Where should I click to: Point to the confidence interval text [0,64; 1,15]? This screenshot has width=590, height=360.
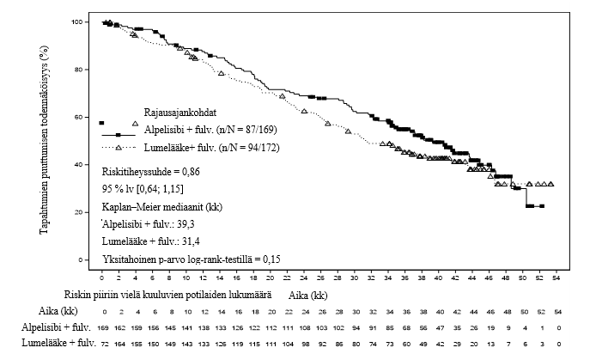point(168,187)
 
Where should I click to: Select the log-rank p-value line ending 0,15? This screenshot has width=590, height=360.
point(192,259)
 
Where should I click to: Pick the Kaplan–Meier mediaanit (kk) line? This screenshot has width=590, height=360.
point(159,206)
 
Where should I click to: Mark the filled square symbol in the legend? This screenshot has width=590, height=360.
point(101,123)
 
